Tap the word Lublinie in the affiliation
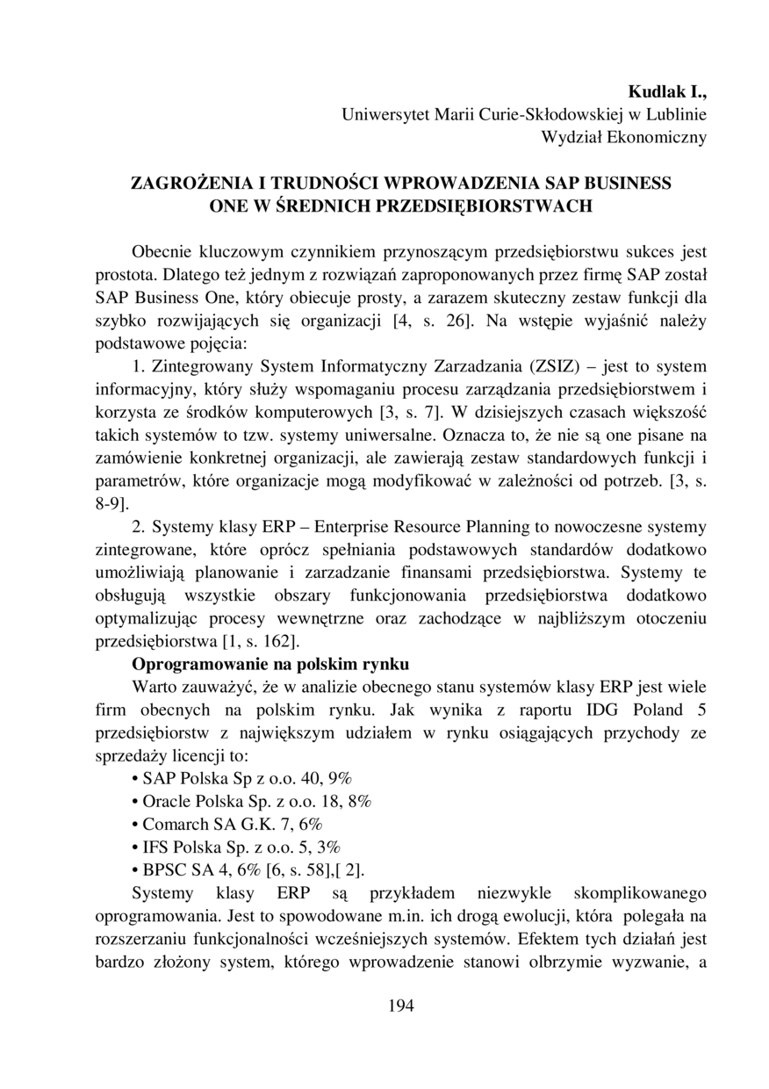(676, 114)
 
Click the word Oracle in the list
(166, 801)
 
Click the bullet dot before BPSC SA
(133, 870)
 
